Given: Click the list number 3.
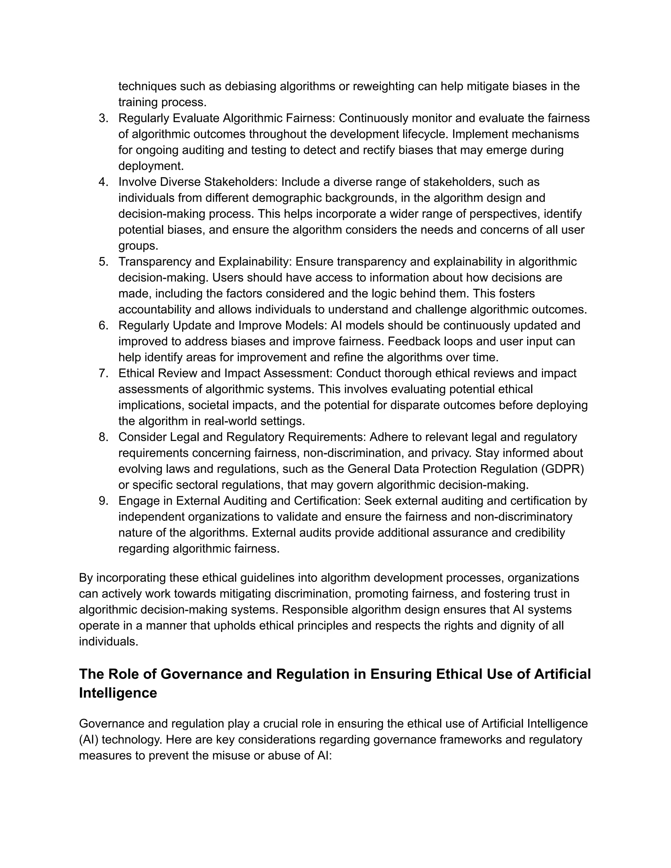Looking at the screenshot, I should (x=103, y=119).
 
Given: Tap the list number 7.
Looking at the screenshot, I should (x=103, y=374).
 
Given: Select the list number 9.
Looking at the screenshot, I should (x=103, y=501).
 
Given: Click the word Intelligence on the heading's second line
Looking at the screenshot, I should (x=118, y=693).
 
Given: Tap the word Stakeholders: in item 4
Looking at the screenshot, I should (x=241, y=182).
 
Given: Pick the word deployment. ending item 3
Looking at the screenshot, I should (x=151, y=166).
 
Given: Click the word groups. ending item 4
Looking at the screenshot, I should (x=138, y=246).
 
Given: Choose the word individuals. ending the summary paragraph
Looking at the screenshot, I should (x=108, y=642).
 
